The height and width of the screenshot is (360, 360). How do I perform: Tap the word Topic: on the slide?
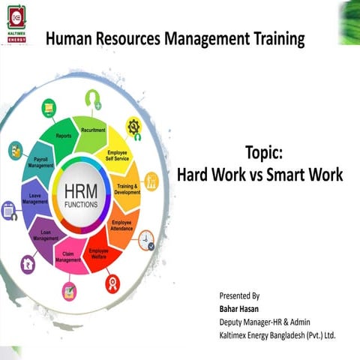pyautogui.click(x=263, y=154)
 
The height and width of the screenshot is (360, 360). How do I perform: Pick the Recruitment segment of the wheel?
pyautogui.click(x=93, y=130)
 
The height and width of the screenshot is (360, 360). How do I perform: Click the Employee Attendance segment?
pyautogui.click(x=122, y=224)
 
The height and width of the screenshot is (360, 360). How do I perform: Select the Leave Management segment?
pyautogui.click(x=35, y=199)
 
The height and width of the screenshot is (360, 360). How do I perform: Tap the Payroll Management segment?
pyautogui.click(x=39, y=163)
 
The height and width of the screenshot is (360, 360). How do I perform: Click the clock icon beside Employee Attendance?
pyautogui.click(x=147, y=240)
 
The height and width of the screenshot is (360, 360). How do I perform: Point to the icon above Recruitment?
pyautogui.click(x=93, y=97)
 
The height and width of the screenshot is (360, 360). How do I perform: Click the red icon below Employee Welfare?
pyautogui.click(x=112, y=284)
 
